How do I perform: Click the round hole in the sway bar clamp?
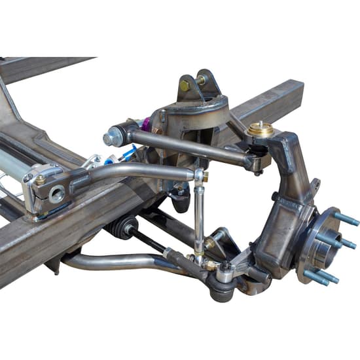click(x=56, y=194)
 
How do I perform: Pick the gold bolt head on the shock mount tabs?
click(x=185, y=84)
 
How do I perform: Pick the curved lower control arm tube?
click(x=105, y=262)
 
